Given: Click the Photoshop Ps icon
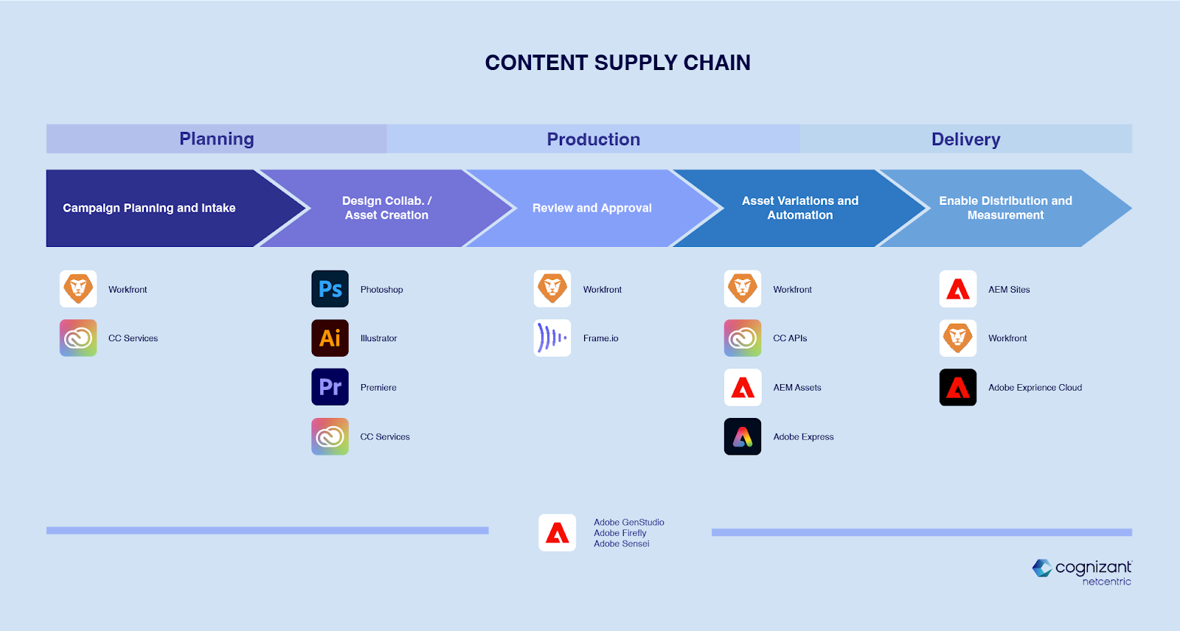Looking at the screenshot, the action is click(330, 289).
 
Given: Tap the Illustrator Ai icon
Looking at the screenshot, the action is click(330, 338).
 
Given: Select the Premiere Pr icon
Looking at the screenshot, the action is click(330, 387).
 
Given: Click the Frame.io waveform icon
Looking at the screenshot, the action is click(552, 338).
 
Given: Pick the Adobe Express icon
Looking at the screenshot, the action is click(742, 436).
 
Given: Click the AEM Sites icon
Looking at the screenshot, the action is click(958, 289).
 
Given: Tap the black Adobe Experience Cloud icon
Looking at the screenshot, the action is click(958, 387).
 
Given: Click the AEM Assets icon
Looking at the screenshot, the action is click(742, 387).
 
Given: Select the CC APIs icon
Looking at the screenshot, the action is click(742, 338).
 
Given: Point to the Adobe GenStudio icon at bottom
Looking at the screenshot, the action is click(557, 532).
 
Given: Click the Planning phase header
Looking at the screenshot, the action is click(217, 139).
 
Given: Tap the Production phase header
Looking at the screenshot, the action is click(594, 139).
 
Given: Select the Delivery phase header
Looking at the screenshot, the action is click(966, 139).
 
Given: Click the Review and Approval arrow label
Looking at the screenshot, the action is click(592, 208).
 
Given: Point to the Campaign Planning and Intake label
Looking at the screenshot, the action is click(149, 208).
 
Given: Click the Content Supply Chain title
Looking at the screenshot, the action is click(618, 63).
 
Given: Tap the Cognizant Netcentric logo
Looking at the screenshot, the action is click(1081, 573).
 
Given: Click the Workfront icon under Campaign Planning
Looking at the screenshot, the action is click(78, 289).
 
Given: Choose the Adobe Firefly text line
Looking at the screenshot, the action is click(620, 533).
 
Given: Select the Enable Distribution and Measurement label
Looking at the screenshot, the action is click(1006, 208).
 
